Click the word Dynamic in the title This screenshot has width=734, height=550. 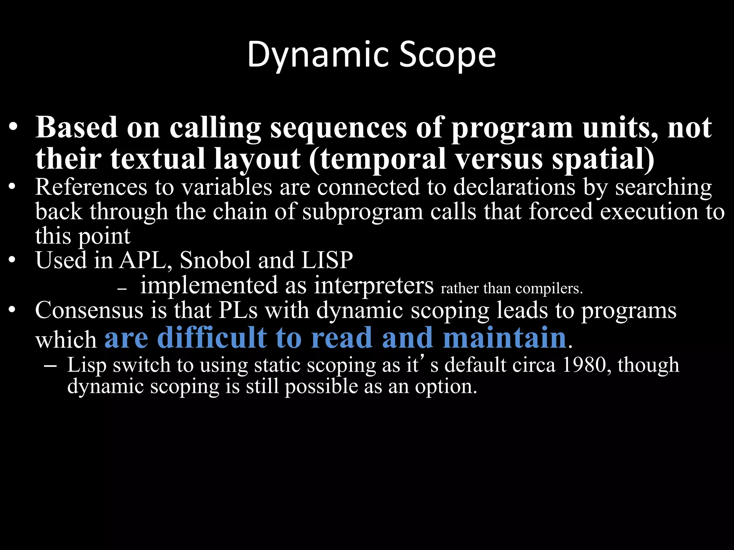click(318, 55)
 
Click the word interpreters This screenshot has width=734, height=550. click(374, 286)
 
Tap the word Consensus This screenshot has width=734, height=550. click(89, 310)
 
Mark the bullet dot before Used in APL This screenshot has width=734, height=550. click(12, 261)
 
